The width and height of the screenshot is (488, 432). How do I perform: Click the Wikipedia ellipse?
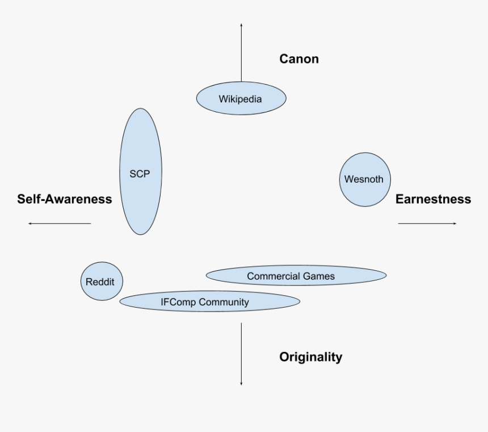tap(241, 99)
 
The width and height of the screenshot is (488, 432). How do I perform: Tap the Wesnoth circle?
tap(364, 179)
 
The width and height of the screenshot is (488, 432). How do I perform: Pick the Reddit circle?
tap(102, 282)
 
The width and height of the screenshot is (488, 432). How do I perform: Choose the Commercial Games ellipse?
tap(296, 276)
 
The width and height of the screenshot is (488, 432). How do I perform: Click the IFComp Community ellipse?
tap(209, 301)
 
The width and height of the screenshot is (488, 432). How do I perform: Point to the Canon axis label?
tap(299, 58)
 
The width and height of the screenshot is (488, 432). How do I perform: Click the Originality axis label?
tap(310, 356)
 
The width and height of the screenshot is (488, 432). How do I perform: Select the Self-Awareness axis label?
tap(64, 199)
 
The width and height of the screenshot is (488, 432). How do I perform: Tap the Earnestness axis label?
tap(433, 199)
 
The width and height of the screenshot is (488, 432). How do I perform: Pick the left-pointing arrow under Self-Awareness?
tap(60, 224)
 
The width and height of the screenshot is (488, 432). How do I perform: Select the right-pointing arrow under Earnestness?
tap(427, 224)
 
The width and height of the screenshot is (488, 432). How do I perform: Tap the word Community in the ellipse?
tap(226, 302)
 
